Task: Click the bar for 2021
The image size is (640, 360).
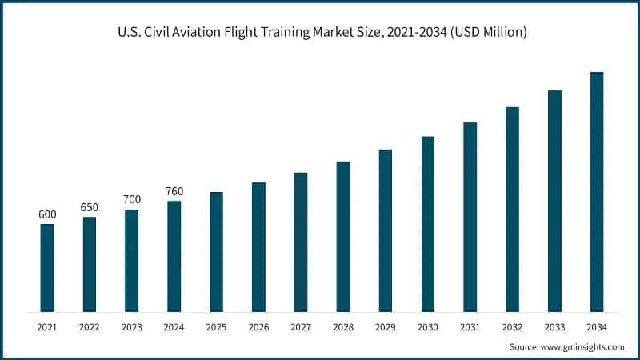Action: [47, 268]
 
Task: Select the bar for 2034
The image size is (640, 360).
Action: [596, 192]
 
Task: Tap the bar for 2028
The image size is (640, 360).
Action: [343, 237]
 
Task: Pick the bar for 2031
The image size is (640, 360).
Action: [470, 217]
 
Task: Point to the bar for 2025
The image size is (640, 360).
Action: [216, 252]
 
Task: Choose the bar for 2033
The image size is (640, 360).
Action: [554, 201]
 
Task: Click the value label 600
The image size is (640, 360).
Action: [47, 214]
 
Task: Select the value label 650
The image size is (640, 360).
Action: [90, 207]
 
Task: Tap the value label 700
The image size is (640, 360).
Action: [131, 199]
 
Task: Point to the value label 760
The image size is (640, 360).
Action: [174, 190]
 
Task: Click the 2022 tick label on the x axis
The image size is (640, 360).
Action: [90, 326]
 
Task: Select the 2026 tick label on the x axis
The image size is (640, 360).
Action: [258, 326]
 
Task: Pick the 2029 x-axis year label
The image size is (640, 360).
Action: [385, 326]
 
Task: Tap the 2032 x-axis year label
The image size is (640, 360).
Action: [511, 326]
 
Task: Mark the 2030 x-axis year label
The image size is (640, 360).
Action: [427, 326]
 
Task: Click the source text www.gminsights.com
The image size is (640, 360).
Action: [582, 346]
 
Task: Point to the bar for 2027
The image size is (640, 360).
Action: [301, 242]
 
